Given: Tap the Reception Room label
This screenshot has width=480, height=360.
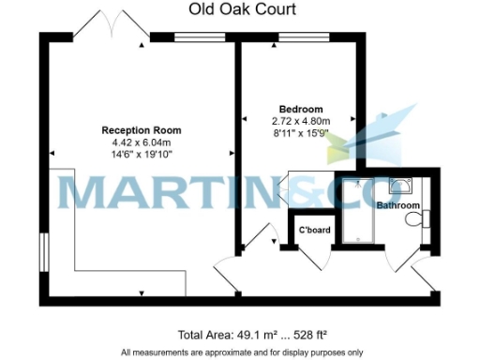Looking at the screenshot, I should [142, 129].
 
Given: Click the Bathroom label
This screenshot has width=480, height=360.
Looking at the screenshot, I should [397, 205].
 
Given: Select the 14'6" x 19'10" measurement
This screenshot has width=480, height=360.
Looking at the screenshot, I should [142, 153].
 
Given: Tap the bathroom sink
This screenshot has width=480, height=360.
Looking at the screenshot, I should [403, 185].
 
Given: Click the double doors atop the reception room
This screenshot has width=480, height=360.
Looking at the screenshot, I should [110, 26].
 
